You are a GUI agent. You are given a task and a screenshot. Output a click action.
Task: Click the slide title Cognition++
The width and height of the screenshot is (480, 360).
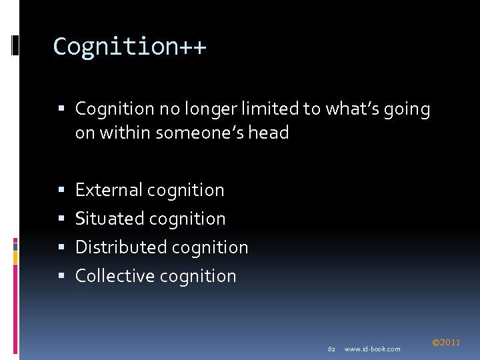click(130, 47)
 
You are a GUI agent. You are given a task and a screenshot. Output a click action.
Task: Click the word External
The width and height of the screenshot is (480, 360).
click(109, 190)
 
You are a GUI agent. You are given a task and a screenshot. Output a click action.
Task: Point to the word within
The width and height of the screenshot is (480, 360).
click(126, 133)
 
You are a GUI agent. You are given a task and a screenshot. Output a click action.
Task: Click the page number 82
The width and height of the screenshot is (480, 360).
click(331, 349)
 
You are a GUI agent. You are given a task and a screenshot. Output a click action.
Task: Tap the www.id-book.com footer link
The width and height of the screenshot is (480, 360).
click(373, 349)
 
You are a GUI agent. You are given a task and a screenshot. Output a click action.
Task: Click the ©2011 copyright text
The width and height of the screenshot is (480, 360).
click(446, 343)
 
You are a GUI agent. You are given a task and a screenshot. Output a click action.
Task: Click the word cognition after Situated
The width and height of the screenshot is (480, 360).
click(188, 219)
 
